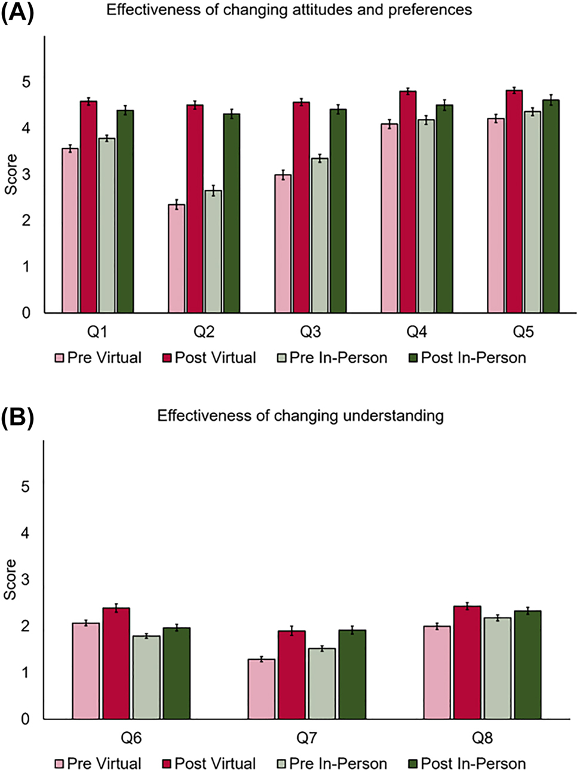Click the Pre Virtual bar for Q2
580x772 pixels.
(176, 258)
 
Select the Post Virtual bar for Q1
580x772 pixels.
(88, 207)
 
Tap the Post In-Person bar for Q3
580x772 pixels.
(337, 210)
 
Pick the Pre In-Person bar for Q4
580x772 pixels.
(425, 216)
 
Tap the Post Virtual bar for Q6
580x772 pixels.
(116, 663)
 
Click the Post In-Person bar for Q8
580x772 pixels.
(527, 664)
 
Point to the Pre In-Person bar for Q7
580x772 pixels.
(322, 684)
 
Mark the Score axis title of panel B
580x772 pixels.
(11, 580)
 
